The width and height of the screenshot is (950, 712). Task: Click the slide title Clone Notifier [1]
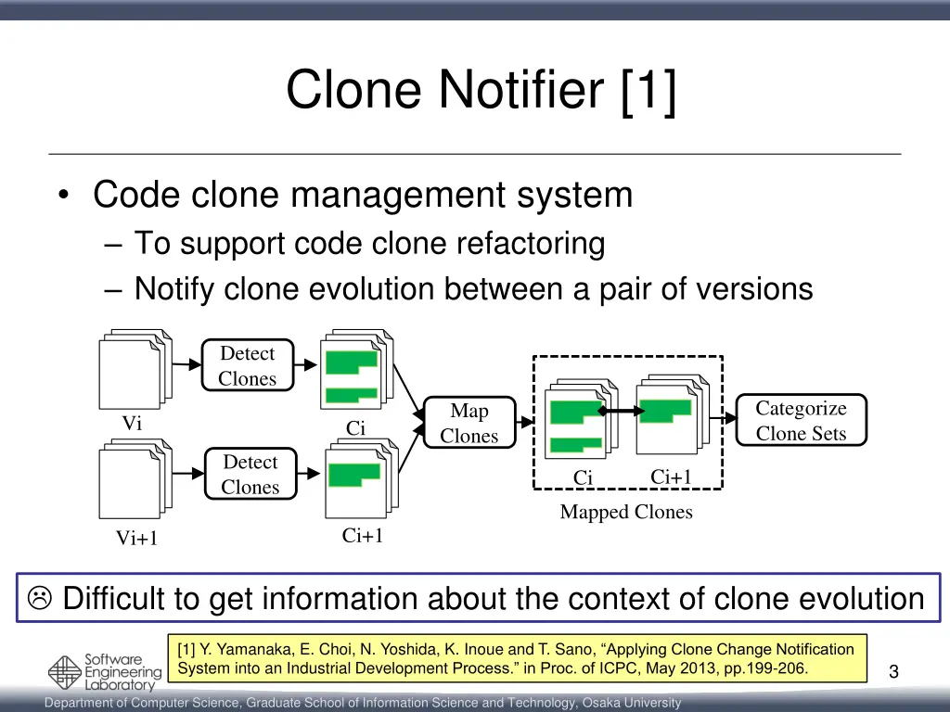click(x=481, y=90)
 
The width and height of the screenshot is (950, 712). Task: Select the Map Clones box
click(x=469, y=423)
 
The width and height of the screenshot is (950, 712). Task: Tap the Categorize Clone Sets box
click(x=801, y=421)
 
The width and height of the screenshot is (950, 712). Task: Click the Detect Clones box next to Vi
click(x=248, y=365)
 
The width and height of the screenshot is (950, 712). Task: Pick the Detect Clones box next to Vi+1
click(x=250, y=474)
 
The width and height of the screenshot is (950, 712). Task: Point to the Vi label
click(x=132, y=424)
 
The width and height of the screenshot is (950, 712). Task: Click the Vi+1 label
click(x=136, y=539)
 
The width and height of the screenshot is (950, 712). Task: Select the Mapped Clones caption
click(x=626, y=512)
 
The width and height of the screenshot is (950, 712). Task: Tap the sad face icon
click(x=40, y=599)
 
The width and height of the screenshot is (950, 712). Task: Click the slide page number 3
click(x=892, y=672)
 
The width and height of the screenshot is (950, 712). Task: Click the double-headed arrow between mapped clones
click(x=621, y=411)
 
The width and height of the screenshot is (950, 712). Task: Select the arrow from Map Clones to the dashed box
click(x=525, y=423)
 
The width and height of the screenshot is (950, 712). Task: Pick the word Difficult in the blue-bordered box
click(x=131, y=599)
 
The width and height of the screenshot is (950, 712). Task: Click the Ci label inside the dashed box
click(x=583, y=478)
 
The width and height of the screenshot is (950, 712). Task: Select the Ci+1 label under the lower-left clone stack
click(x=363, y=536)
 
